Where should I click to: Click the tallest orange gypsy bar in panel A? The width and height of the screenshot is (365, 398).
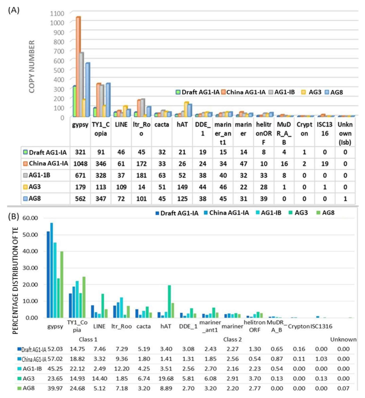pos(78,66)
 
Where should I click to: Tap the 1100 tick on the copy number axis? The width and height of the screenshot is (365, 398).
pos(57,13)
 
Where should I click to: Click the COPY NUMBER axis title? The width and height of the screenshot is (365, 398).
pos(32,67)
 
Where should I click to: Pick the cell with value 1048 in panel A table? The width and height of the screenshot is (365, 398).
pos(80,164)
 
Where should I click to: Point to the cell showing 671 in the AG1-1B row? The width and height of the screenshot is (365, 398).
pos(80,176)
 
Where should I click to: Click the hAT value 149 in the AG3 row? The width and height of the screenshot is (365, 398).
pos(182,187)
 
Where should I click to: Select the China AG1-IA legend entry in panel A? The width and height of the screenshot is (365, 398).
pos(243,92)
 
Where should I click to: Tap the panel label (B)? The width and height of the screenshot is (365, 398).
pos(14,217)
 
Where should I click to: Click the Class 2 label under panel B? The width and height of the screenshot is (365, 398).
pos(232,339)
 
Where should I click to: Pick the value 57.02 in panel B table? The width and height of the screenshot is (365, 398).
pos(55,359)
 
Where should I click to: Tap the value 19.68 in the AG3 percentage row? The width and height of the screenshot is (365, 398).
pos(166,379)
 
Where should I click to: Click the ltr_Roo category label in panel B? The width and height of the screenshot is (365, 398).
pos(121,326)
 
